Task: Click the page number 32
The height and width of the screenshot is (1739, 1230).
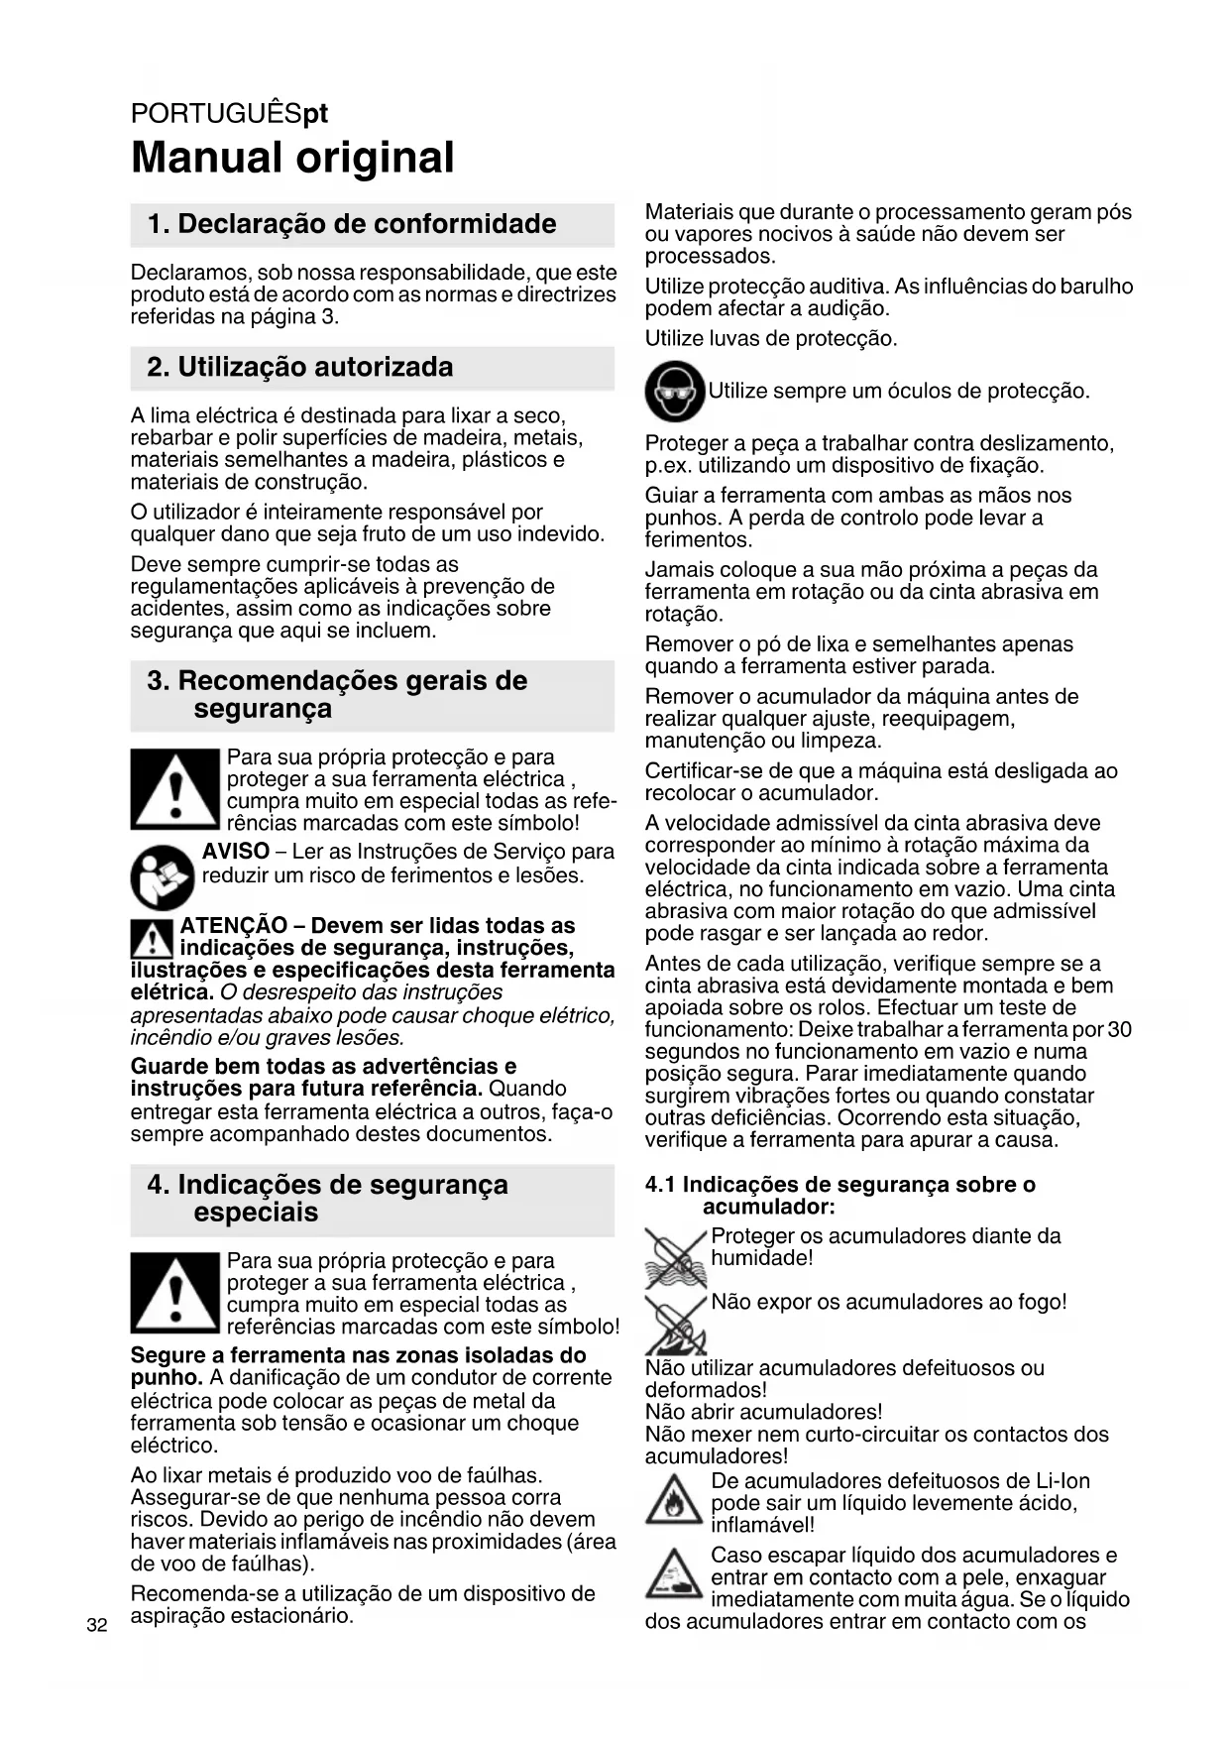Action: click(96, 1624)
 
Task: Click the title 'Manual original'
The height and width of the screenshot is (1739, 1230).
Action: click(292, 158)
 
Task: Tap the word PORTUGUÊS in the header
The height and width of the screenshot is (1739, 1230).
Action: click(216, 114)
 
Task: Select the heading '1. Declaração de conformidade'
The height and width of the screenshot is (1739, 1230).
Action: click(352, 224)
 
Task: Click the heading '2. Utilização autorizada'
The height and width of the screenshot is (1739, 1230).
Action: click(300, 367)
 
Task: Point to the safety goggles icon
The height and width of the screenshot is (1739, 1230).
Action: click(674, 392)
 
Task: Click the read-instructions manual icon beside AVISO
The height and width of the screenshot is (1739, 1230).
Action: click(163, 877)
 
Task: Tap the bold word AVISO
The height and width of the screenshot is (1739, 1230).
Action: click(236, 852)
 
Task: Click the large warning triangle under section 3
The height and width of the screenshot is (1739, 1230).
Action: click(174, 789)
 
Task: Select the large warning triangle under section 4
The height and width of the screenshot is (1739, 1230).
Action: click(174, 1293)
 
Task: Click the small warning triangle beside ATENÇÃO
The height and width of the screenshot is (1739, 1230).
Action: click(152, 938)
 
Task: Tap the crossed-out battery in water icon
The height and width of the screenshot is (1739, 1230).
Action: click(675, 1257)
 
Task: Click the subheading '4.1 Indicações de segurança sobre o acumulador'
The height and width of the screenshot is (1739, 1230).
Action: click(839, 1195)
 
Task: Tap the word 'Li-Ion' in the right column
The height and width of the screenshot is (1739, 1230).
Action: click(1062, 1481)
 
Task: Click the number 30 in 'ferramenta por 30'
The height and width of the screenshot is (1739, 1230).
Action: click(1119, 1029)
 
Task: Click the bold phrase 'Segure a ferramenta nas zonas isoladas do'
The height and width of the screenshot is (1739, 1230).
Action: click(358, 1355)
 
